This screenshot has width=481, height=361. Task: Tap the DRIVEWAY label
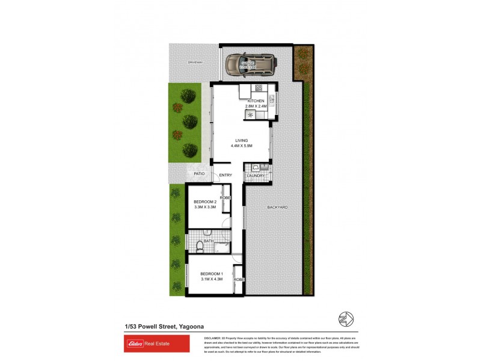coord(195,63)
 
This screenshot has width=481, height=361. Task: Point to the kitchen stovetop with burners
coord(250,114)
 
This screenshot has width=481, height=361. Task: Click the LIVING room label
coord(241,141)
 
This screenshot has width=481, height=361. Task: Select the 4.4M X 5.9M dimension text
coord(241,146)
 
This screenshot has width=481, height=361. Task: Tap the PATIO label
coord(199,174)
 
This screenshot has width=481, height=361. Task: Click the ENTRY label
coord(225,176)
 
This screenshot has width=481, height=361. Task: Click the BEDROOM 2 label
coord(204,202)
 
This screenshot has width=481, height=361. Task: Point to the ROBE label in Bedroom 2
coord(225,198)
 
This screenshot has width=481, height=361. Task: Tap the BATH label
coord(208,241)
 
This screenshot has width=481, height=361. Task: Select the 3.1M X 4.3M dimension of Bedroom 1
coord(212,279)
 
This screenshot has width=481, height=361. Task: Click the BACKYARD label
coord(277,208)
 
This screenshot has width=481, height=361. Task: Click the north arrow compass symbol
coord(346,318)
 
